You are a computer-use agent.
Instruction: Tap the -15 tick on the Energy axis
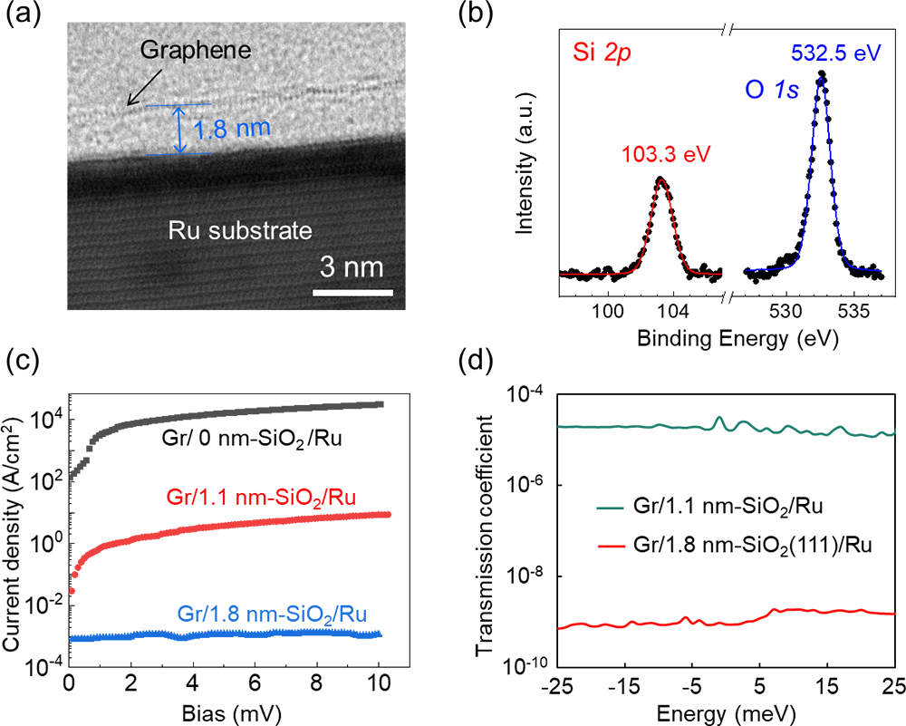(x=622, y=682)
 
